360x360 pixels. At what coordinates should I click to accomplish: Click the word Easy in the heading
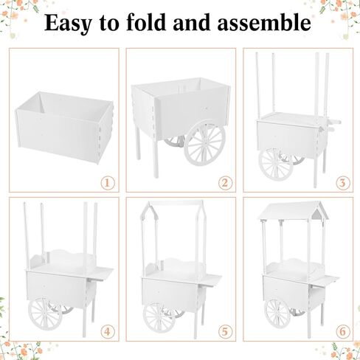click(x=68, y=23)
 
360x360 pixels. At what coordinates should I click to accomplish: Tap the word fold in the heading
click(x=146, y=22)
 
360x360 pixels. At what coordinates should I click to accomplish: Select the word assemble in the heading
click(x=264, y=22)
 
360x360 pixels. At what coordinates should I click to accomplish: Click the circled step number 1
click(x=108, y=183)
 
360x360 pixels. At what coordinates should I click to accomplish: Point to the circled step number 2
click(x=225, y=183)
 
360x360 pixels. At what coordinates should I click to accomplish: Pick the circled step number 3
click(x=342, y=183)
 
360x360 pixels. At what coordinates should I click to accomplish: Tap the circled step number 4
click(x=108, y=332)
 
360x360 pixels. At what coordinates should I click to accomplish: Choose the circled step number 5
click(x=225, y=332)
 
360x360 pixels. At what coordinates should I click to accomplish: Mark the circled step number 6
click(x=342, y=332)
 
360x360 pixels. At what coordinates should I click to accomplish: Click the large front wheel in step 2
click(x=204, y=143)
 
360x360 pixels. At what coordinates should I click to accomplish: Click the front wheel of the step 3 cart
click(x=276, y=165)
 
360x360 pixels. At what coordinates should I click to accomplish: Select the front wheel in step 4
click(x=45, y=314)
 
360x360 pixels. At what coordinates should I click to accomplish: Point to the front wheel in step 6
click(x=277, y=314)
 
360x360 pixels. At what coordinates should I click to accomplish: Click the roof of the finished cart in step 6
click(x=293, y=211)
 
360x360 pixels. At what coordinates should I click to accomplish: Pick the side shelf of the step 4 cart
click(x=100, y=274)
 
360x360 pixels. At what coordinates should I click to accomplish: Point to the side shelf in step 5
click(x=212, y=280)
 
